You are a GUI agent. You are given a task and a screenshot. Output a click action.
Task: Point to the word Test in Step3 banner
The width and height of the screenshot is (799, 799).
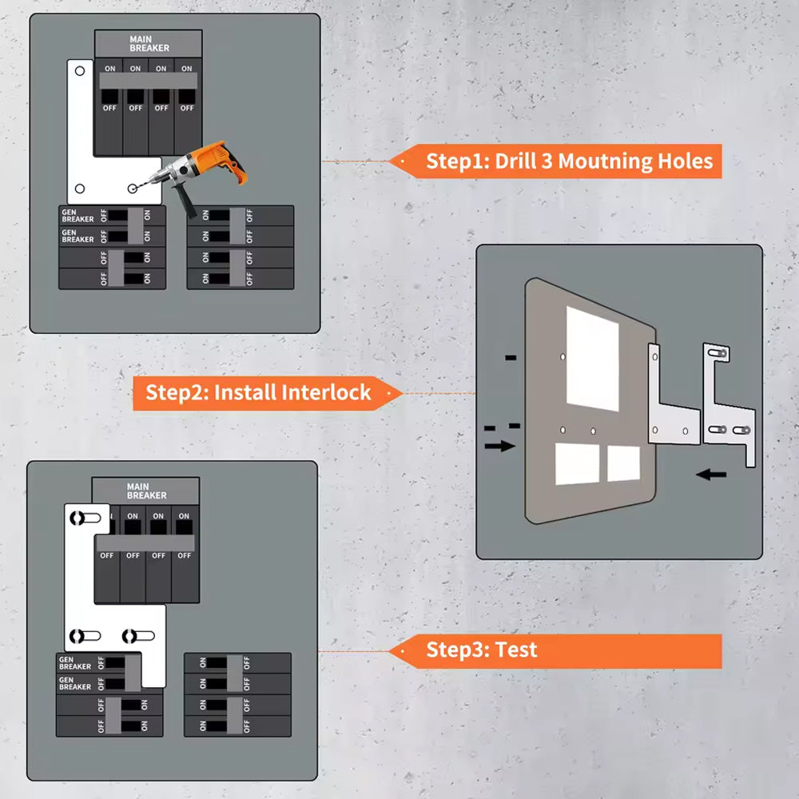pyautogui.click(x=516, y=650)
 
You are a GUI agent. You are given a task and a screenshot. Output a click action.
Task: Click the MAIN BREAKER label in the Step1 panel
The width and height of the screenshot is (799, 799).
pyautogui.click(x=149, y=43)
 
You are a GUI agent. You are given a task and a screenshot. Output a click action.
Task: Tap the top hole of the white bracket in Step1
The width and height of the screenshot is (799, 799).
pyautogui.click(x=79, y=71)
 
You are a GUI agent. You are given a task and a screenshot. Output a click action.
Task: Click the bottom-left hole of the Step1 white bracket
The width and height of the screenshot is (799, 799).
pyautogui.click(x=79, y=188)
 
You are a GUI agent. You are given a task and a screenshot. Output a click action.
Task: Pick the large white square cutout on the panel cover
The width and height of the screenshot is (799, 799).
pyautogui.click(x=592, y=358)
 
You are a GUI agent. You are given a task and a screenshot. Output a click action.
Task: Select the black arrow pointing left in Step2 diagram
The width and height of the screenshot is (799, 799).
pyautogui.click(x=711, y=475)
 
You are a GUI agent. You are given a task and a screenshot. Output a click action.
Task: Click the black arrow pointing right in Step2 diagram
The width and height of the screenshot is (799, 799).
pyautogui.click(x=499, y=446)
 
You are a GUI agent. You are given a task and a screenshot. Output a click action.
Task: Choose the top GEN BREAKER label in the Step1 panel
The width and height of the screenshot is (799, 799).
pyautogui.click(x=78, y=215)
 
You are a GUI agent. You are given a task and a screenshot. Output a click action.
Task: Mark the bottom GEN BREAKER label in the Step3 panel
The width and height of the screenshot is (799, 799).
pyautogui.click(x=75, y=683)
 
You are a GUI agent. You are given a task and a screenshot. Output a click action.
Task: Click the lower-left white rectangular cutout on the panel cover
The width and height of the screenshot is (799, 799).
pyautogui.click(x=577, y=464)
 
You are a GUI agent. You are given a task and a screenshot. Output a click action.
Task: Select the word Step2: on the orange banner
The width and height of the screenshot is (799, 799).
pyautogui.click(x=177, y=393)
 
